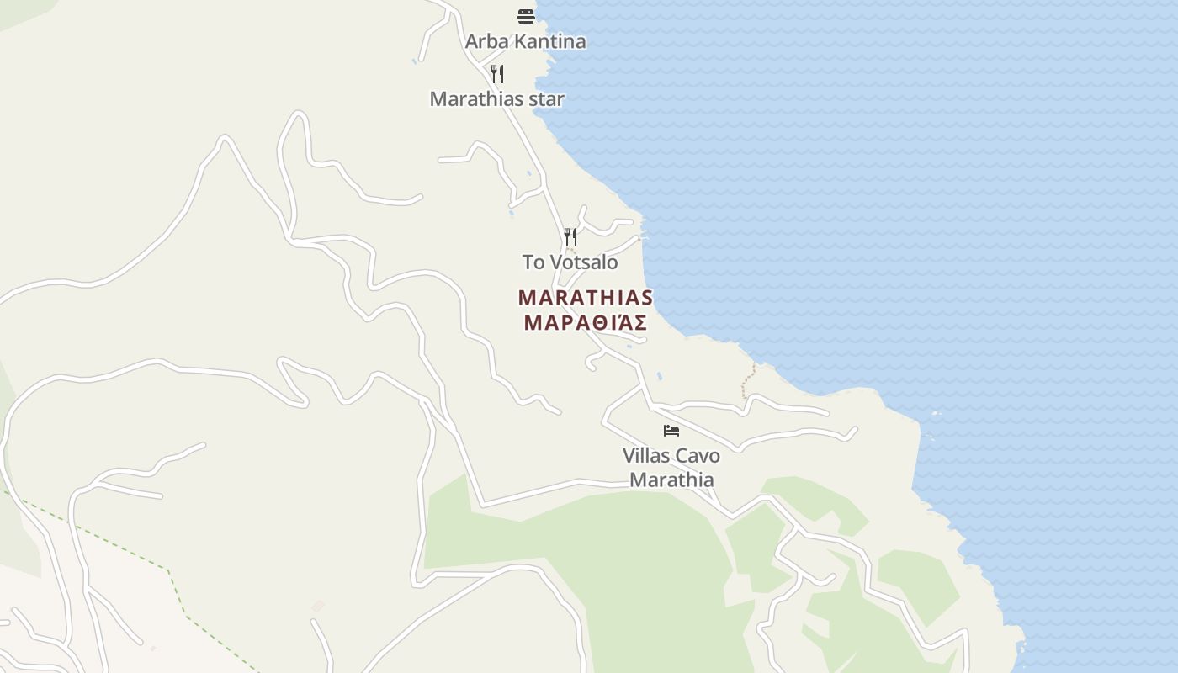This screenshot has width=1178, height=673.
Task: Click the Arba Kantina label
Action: pyautogui.click(x=525, y=41)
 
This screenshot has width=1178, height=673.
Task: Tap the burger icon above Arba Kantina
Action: pyautogui.click(x=526, y=16)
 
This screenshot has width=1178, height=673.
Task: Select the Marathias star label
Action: pyautogui.click(x=496, y=98)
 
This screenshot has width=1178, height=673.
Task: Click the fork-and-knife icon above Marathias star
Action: pyautogui.click(x=497, y=74)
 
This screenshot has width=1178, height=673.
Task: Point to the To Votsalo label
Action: pyautogui.click(x=570, y=262)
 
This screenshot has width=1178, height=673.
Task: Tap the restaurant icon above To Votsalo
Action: pyautogui.click(x=570, y=236)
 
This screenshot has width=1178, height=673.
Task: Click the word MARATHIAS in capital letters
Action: pyautogui.click(x=586, y=298)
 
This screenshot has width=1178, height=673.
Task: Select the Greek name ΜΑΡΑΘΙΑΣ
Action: pyautogui.click(x=586, y=322)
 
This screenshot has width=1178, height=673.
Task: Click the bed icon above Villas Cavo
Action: pyautogui.click(x=671, y=431)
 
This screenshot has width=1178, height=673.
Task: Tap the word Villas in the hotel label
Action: pyautogui.click(x=645, y=455)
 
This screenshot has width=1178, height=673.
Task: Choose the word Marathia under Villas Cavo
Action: pyautogui.click(x=671, y=480)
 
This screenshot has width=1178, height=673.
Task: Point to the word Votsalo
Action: pyautogui.click(x=584, y=262)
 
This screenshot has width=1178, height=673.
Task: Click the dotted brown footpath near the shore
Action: pyautogui.click(x=746, y=383)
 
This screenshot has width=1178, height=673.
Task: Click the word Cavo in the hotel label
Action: pyautogui.click(x=698, y=455)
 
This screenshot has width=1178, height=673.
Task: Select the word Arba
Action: pyautogui.click(x=483, y=41)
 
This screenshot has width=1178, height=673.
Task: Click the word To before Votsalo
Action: pyautogui.click(x=533, y=262)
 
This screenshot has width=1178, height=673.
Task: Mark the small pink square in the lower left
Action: pyautogui.click(x=318, y=606)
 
